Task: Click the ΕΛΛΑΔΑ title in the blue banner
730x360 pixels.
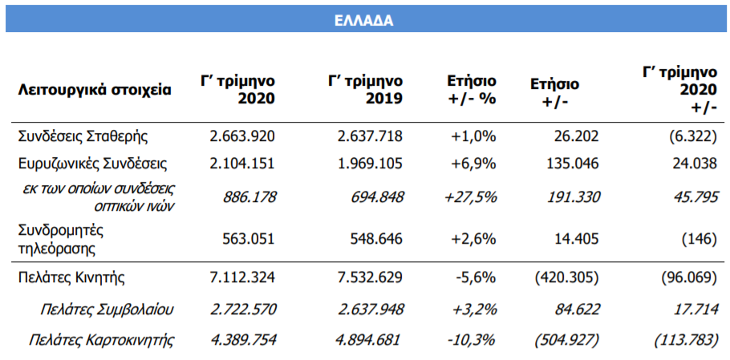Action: pos(364,21)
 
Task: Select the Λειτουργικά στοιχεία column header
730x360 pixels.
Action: pos(95,90)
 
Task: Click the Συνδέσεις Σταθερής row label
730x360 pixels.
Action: pos(83,136)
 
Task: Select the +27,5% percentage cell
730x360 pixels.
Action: pos(471,196)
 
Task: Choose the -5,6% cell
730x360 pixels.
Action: pos(477,277)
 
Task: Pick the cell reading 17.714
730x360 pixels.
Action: pos(697,309)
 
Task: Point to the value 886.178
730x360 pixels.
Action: pos(245,196)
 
